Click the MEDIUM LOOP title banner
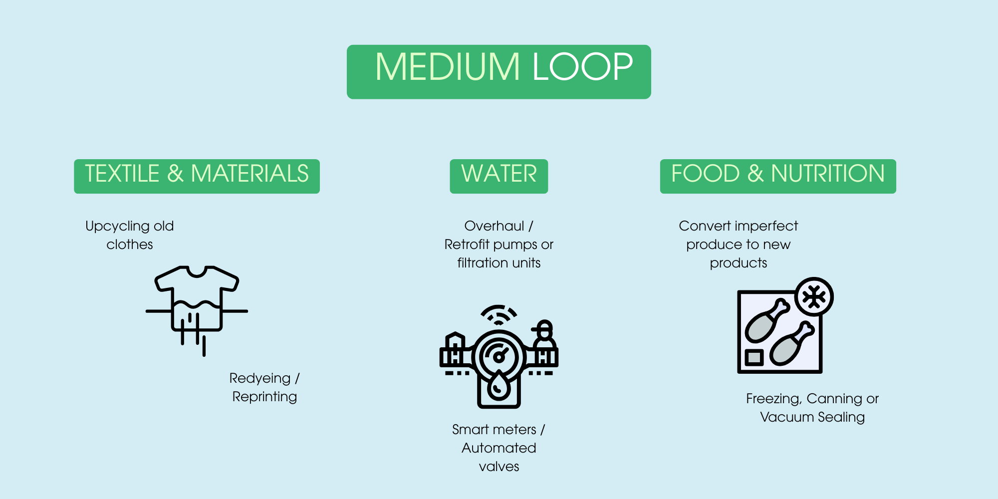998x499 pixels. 499,71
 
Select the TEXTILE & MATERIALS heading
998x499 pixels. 197,176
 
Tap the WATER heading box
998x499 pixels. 499,176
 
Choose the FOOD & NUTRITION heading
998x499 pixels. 777,176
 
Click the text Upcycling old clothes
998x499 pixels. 130,235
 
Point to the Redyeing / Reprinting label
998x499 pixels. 264,387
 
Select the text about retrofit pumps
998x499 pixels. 499,245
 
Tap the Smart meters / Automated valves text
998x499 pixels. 499,448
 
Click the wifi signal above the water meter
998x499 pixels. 499,315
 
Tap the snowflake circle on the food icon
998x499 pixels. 814,297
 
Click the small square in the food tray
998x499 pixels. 754,357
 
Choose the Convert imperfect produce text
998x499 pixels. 739,245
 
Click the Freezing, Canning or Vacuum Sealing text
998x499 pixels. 812,408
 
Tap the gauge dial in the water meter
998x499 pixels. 499,356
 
